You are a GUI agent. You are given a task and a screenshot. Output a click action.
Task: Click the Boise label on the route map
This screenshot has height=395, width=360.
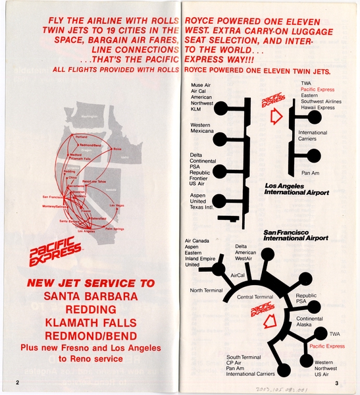tap(117, 149)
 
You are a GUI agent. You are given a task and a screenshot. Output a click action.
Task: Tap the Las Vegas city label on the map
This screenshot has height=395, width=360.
tap(116, 206)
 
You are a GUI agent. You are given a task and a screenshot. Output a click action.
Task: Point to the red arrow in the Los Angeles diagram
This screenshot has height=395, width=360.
tap(277, 118)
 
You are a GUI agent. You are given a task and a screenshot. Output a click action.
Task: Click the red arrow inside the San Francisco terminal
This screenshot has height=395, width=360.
tap(269, 324)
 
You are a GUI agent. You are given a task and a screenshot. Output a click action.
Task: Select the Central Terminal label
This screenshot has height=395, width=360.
tap(253, 298)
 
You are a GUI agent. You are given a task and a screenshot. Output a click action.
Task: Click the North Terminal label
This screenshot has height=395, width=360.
tap(207, 290)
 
